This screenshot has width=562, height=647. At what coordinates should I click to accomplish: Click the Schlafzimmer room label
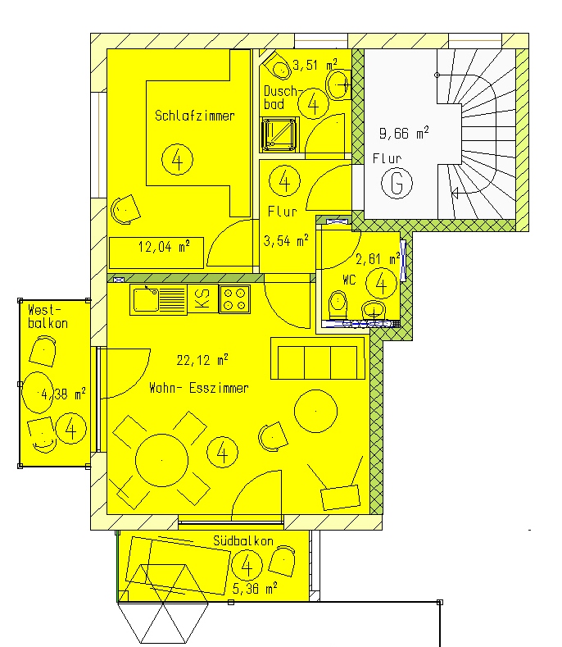click(195, 116)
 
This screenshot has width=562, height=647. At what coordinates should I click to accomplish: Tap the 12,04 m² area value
click(164, 247)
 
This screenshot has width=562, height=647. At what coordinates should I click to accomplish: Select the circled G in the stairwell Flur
click(397, 183)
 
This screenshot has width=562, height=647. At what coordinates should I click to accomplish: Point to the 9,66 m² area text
click(404, 134)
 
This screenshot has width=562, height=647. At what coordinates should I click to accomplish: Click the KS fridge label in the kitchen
click(202, 298)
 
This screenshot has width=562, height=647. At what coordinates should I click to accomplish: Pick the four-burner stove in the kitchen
click(234, 299)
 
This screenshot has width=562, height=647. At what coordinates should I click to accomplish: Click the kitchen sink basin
click(146, 299)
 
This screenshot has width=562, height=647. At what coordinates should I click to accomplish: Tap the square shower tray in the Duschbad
click(280, 134)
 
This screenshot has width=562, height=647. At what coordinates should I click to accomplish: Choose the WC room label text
click(349, 280)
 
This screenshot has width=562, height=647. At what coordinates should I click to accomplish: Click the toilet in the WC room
click(338, 304)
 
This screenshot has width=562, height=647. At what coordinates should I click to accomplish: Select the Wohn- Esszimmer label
click(199, 388)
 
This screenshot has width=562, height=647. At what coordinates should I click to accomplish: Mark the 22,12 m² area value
click(202, 360)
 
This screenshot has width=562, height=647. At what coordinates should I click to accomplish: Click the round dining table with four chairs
click(161, 460)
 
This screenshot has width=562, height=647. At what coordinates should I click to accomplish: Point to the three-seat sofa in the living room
click(318, 358)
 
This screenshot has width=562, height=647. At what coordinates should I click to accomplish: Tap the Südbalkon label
click(243, 540)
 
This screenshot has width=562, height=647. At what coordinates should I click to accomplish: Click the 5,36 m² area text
click(255, 589)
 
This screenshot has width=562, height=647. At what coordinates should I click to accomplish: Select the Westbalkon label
click(48, 317)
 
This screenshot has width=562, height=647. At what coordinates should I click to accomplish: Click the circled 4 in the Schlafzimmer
click(177, 159)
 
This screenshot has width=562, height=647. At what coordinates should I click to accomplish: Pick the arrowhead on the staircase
click(455, 192)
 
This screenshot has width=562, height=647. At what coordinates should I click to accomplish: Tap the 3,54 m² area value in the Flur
click(286, 240)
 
